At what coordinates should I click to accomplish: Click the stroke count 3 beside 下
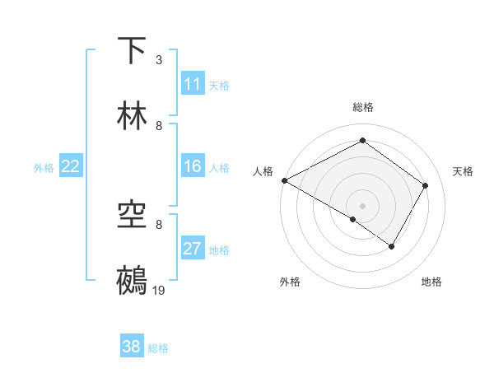tap(159, 59)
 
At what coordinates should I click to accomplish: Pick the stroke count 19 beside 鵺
tap(159, 290)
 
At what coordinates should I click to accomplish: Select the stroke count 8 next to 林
tap(159, 125)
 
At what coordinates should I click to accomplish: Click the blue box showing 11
tap(193, 84)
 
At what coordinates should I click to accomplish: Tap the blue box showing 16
tap(193, 166)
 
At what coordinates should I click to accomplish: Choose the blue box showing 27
tap(193, 249)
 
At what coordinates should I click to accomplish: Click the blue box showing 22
tap(71, 166)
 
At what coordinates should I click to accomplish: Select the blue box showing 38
tap(132, 347)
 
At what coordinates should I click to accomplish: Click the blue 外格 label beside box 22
tap(44, 167)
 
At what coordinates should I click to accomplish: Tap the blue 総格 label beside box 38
tap(158, 347)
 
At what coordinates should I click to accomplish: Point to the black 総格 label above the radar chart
tap(363, 107)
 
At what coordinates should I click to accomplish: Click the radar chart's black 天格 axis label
tap(463, 171)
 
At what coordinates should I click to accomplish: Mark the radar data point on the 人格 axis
tap(284, 180)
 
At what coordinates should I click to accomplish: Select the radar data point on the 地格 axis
tap(392, 246)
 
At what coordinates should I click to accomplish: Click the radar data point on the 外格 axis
tap(352, 220)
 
